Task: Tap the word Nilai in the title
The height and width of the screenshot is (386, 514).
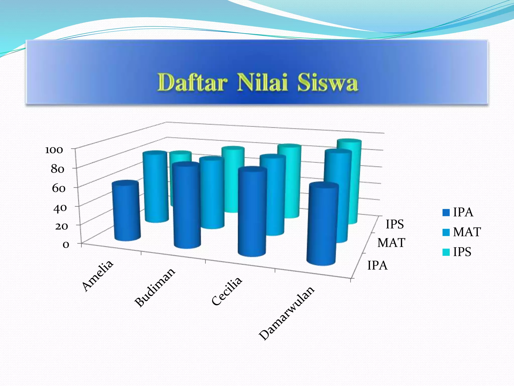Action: (262, 82)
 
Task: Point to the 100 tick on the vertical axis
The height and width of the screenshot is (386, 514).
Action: (54, 150)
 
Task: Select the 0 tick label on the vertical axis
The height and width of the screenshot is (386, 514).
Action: (66, 245)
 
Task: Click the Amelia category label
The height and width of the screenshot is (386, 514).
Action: (98, 276)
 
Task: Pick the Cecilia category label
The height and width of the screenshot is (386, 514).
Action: (227, 291)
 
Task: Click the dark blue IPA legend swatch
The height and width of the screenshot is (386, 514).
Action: (446, 213)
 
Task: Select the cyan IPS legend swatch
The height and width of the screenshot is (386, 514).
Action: (446, 252)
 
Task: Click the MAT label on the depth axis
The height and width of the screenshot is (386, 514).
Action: (391, 243)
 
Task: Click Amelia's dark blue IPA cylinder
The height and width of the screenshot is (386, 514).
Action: (126, 211)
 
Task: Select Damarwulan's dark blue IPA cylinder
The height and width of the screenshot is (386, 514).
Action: (323, 224)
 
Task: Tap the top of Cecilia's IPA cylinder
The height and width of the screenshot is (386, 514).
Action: (252, 170)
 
